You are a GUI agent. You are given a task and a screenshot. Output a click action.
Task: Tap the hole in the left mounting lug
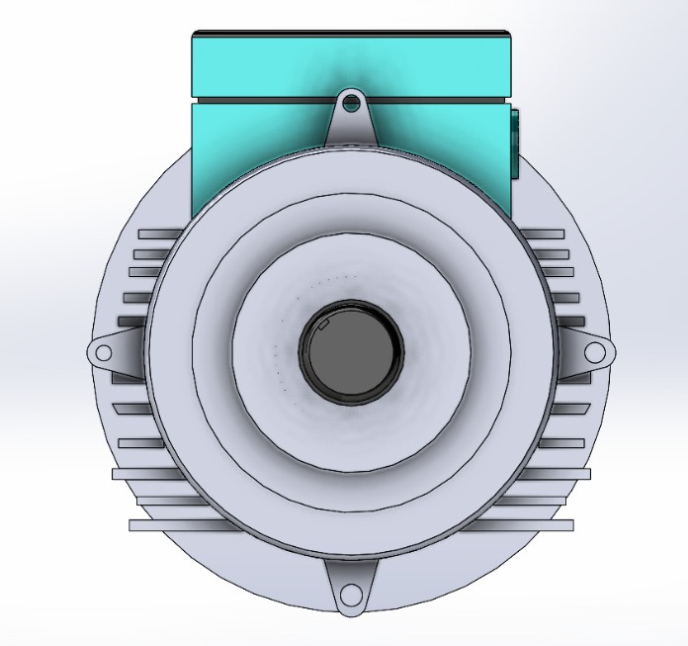click(x=103, y=352)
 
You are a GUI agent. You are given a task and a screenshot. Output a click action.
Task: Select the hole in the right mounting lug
click(x=594, y=352)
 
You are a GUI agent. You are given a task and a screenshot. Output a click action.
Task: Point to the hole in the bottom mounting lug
click(x=351, y=596)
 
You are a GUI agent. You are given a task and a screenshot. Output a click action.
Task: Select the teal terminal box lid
click(x=351, y=63)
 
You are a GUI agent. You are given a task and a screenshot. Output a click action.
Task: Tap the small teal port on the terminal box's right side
click(x=516, y=143)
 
